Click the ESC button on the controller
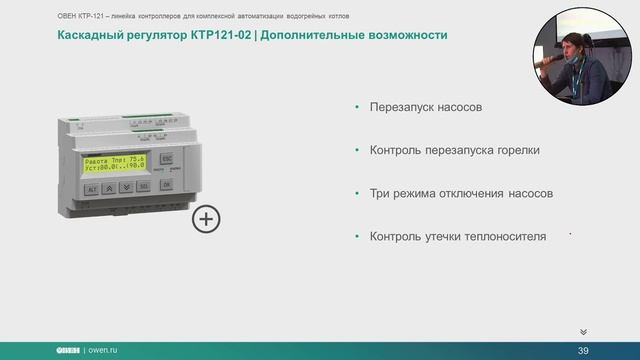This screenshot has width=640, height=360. [x=167, y=159]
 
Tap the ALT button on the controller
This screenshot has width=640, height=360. [x=92, y=187]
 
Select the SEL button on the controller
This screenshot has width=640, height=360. [x=143, y=187]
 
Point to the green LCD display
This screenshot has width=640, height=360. [x=115, y=162]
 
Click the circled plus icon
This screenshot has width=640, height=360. [x=206, y=219]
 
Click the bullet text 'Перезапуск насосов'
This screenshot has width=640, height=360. [x=432, y=107]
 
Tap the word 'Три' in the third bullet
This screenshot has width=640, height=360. [x=381, y=193]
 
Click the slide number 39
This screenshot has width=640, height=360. [x=584, y=349]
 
